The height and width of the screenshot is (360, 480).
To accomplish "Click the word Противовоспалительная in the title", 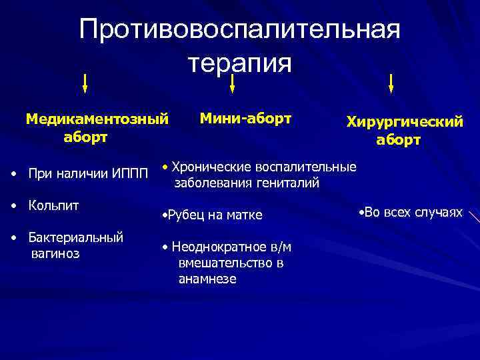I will coord(239,31).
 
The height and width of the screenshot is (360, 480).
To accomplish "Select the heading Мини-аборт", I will coord(245,119).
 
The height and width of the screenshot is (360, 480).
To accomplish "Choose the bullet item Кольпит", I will coord(53,205).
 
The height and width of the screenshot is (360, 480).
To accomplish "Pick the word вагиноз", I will coord(55,253).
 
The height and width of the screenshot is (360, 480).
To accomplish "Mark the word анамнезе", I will coord(207,279).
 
